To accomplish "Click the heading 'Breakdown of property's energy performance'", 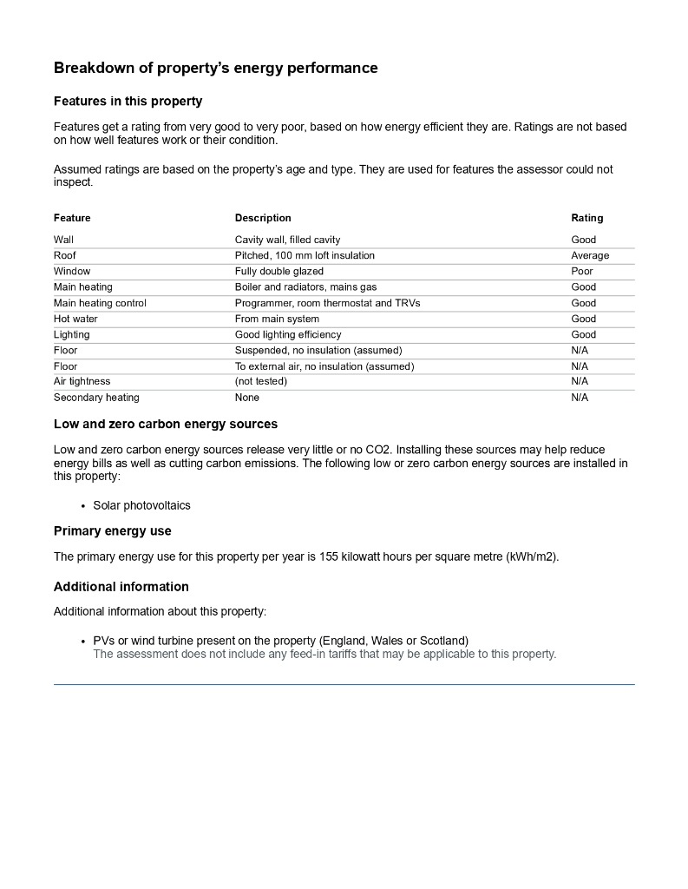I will click(x=215, y=68).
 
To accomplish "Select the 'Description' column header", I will click(x=263, y=218).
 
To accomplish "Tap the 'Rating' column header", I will click(x=586, y=218).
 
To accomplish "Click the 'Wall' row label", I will click(x=63, y=240).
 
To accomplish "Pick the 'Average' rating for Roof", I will click(x=590, y=255).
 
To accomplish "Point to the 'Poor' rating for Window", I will click(x=582, y=271).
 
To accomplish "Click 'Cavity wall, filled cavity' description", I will click(x=287, y=240).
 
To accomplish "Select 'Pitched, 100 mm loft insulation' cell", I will click(x=305, y=255).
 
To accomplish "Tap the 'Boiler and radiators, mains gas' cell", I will click(x=305, y=286).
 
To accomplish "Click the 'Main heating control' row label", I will click(x=100, y=303).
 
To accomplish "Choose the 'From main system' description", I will click(x=277, y=319).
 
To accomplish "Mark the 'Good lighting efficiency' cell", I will click(x=288, y=334).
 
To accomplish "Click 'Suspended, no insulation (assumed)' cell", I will click(x=318, y=350).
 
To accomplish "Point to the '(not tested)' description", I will click(x=260, y=381).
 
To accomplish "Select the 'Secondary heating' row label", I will click(x=96, y=398).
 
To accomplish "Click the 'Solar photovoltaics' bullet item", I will click(x=141, y=505).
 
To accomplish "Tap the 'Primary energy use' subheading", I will click(x=113, y=531).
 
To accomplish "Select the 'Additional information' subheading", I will click(x=121, y=587).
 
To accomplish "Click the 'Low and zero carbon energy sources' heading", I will click(x=166, y=425).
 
